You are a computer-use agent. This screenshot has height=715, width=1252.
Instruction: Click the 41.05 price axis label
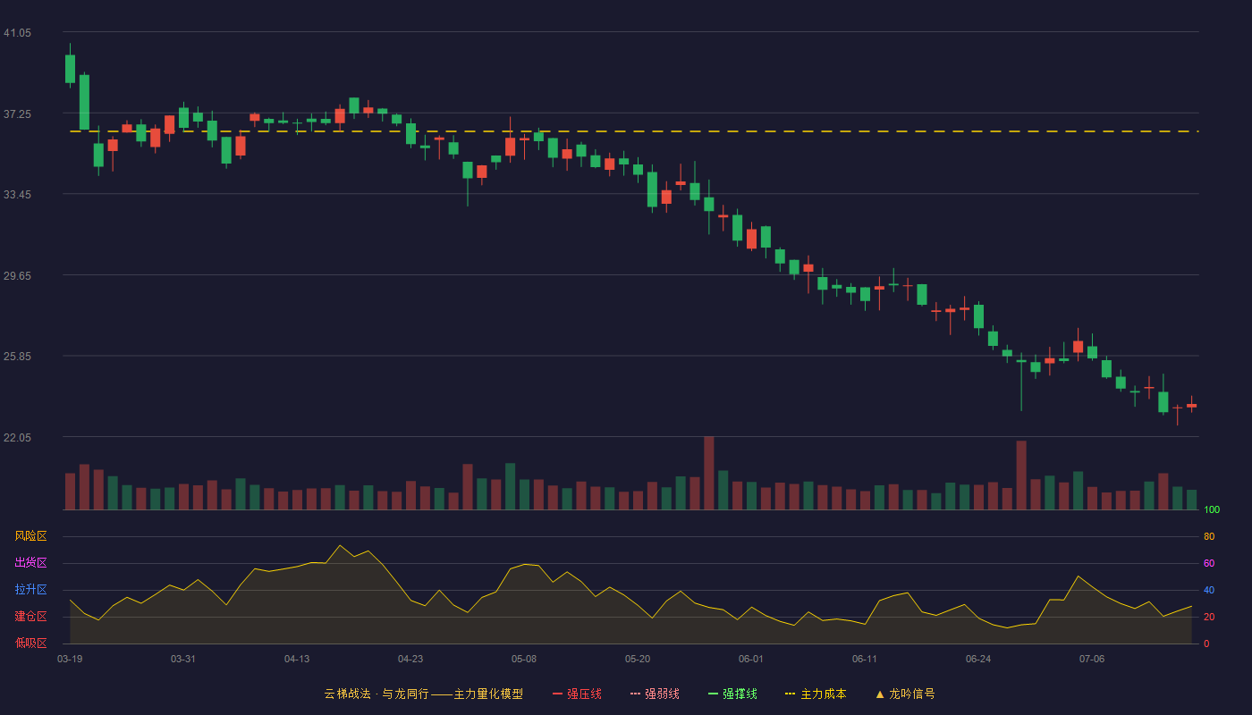tap(17, 33)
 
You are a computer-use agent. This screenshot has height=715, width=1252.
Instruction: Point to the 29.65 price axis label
tap(17, 276)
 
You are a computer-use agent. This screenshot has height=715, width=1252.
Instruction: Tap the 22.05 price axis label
tap(17, 437)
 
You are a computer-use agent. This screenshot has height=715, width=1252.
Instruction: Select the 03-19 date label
tap(70, 660)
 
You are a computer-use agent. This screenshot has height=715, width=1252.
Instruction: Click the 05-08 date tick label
tap(524, 660)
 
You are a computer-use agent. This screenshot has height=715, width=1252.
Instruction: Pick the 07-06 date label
tap(1092, 660)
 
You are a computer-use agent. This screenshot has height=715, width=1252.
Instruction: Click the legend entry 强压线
tap(577, 694)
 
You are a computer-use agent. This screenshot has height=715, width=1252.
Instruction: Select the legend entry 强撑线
tap(732, 694)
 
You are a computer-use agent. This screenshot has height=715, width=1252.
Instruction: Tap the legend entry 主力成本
tap(816, 694)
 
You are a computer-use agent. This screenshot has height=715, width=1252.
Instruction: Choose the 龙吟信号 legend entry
tap(905, 694)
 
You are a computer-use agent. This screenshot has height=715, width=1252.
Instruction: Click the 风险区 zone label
tap(30, 536)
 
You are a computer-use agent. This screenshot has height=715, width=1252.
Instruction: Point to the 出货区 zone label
tap(30, 562)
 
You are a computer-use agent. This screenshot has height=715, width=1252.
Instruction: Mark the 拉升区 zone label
tap(30, 589)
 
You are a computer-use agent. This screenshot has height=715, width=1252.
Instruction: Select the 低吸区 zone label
tap(30, 643)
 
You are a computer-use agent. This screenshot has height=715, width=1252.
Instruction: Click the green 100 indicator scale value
tap(1212, 509)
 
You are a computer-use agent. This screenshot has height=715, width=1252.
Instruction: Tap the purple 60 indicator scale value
tap(1209, 563)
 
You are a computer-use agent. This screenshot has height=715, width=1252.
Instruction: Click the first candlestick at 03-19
tap(70, 69)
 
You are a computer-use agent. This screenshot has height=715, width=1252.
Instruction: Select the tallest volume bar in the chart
tap(708, 473)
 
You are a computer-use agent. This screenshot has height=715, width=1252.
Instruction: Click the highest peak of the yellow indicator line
tap(340, 545)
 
